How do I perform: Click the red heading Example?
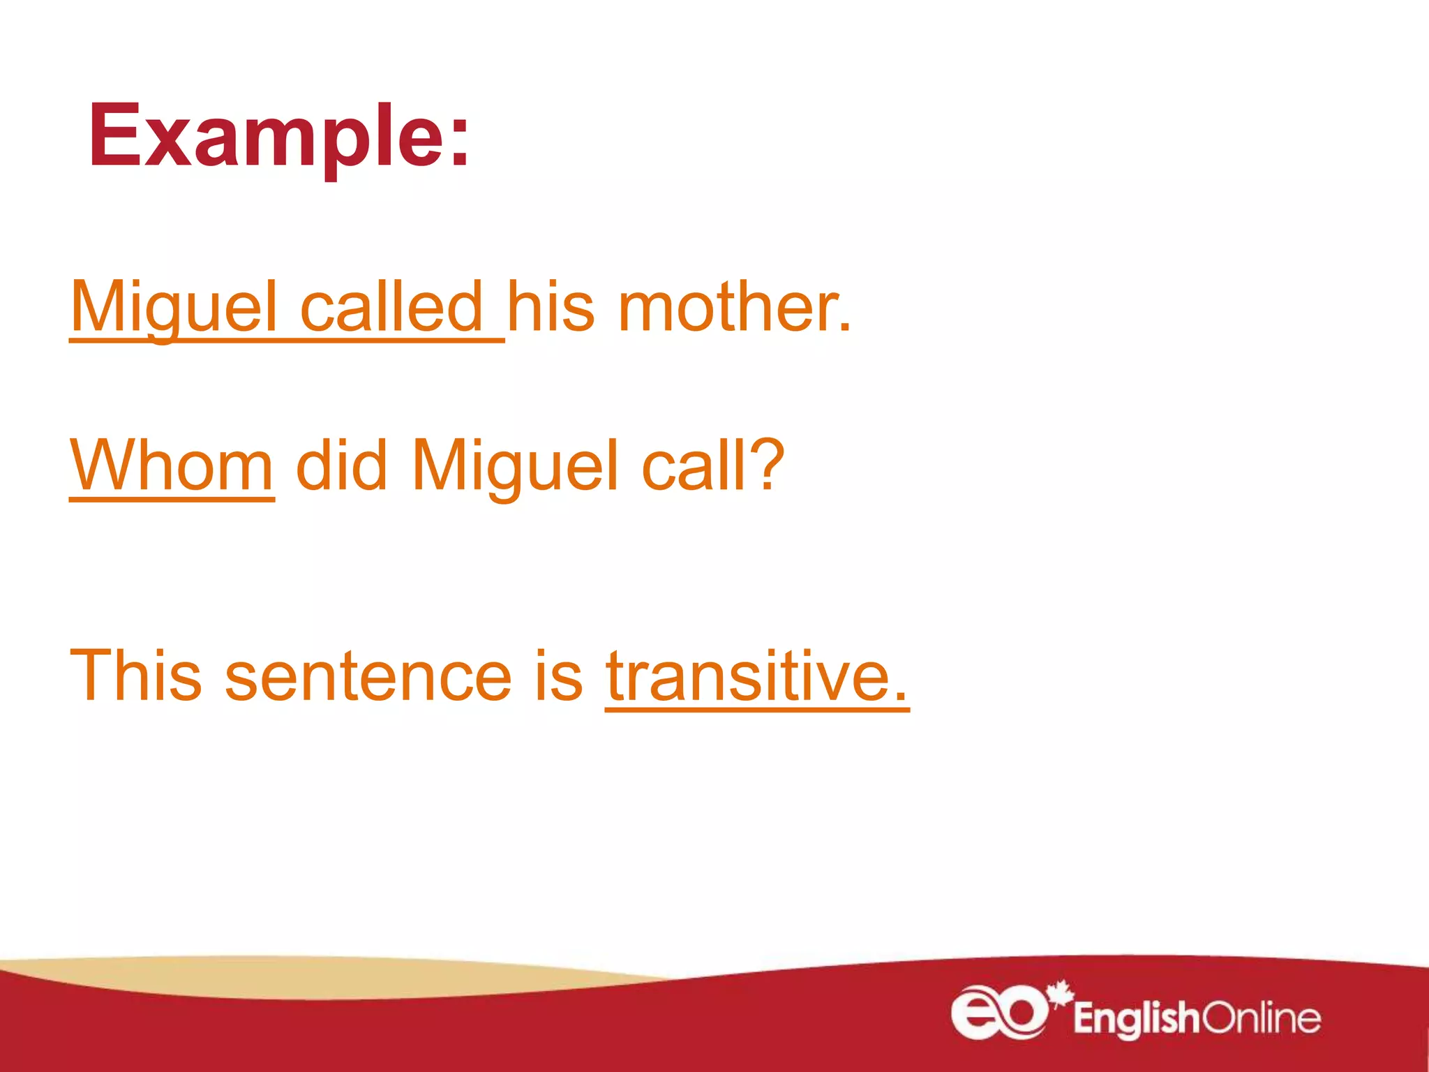coord(279,136)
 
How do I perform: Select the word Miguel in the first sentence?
coord(174,307)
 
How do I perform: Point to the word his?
coord(551,307)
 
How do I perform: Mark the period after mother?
coord(845,328)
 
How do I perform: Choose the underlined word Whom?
coord(172,466)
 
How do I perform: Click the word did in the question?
coord(341,466)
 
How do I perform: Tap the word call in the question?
coord(694,466)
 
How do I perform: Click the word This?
coord(136,676)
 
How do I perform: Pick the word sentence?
coord(368,676)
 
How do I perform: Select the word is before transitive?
coord(558,676)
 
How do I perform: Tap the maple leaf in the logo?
coord(1061,992)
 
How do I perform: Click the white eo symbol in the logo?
coord(999,1011)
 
